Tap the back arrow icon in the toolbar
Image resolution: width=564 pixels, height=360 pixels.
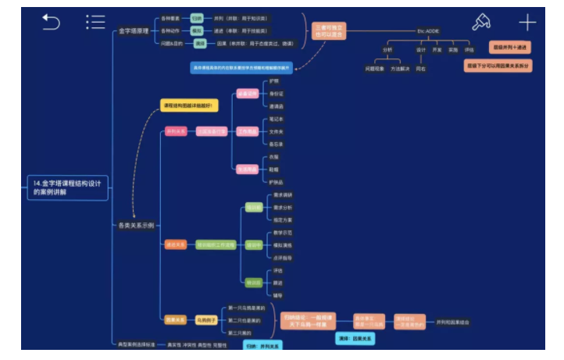51,23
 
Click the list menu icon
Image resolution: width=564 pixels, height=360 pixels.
95,23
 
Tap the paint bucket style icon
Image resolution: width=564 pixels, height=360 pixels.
482,23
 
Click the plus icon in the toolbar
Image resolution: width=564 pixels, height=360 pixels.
528,23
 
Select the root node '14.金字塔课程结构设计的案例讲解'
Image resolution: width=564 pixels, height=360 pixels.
66,187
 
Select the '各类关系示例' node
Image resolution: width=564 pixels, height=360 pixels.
136,225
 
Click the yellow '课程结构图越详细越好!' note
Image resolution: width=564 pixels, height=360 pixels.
188,105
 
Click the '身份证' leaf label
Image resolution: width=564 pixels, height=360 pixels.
277,94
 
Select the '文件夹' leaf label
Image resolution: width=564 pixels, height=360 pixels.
277,131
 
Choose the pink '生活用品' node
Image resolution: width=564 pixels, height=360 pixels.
248,169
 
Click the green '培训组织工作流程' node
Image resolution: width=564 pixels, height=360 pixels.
216,244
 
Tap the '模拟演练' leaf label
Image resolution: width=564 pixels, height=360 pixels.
282,244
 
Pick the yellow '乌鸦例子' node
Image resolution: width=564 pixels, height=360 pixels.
205,319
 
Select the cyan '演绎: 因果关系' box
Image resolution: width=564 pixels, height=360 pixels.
355,338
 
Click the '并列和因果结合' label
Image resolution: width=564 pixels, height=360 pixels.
453,321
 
